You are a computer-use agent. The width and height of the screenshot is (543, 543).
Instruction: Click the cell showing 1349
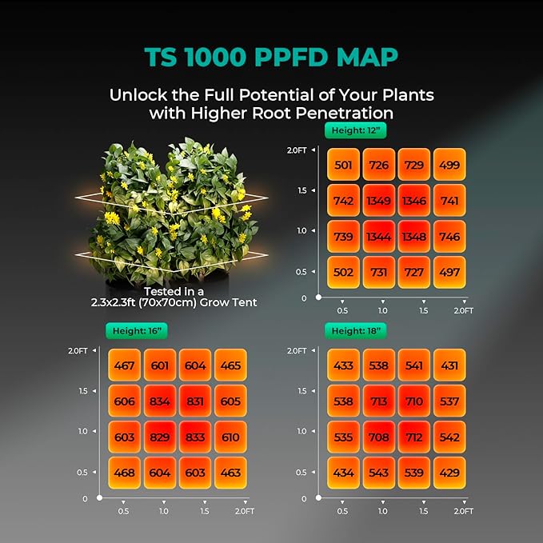[x=378, y=201]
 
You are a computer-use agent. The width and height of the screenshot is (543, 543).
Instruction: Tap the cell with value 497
[x=449, y=273]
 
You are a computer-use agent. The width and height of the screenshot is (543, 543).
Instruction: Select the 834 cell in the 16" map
[x=159, y=401]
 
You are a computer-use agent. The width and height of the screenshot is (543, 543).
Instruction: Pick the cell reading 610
[x=230, y=437]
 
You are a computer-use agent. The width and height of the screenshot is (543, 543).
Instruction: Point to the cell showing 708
[x=378, y=437]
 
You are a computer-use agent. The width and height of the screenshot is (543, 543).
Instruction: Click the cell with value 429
[x=449, y=473]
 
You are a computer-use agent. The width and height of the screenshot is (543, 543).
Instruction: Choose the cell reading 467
[x=124, y=365]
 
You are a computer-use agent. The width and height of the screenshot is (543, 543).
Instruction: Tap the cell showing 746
[x=449, y=237]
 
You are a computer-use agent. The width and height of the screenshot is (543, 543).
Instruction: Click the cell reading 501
[x=343, y=165]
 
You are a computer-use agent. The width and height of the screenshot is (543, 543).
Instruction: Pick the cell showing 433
[x=343, y=365]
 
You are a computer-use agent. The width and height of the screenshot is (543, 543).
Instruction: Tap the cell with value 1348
[x=413, y=237]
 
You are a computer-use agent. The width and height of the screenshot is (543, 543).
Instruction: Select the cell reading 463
[x=230, y=473]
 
